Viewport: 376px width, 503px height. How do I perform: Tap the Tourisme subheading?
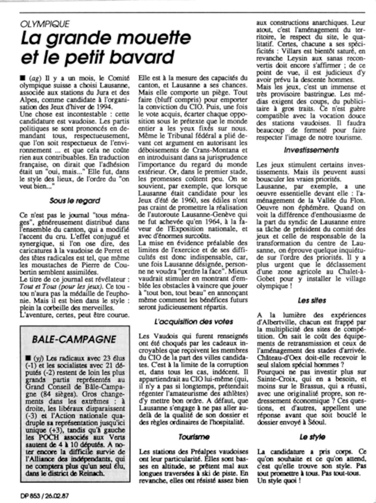point(194,436)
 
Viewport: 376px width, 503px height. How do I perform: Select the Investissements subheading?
point(311,150)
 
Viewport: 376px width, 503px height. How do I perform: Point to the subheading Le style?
point(311,436)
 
